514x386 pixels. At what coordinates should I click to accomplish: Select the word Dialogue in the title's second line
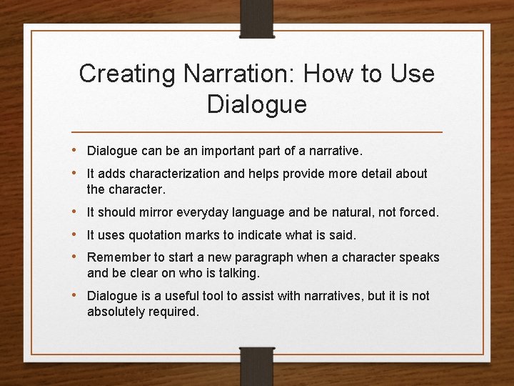(x=257, y=105)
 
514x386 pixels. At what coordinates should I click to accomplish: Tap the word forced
(x=420, y=212)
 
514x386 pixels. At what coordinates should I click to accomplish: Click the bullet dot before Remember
(x=77, y=257)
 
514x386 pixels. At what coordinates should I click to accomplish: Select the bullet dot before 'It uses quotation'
(x=77, y=235)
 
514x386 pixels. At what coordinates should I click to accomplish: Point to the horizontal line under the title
(x=257, y=133)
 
